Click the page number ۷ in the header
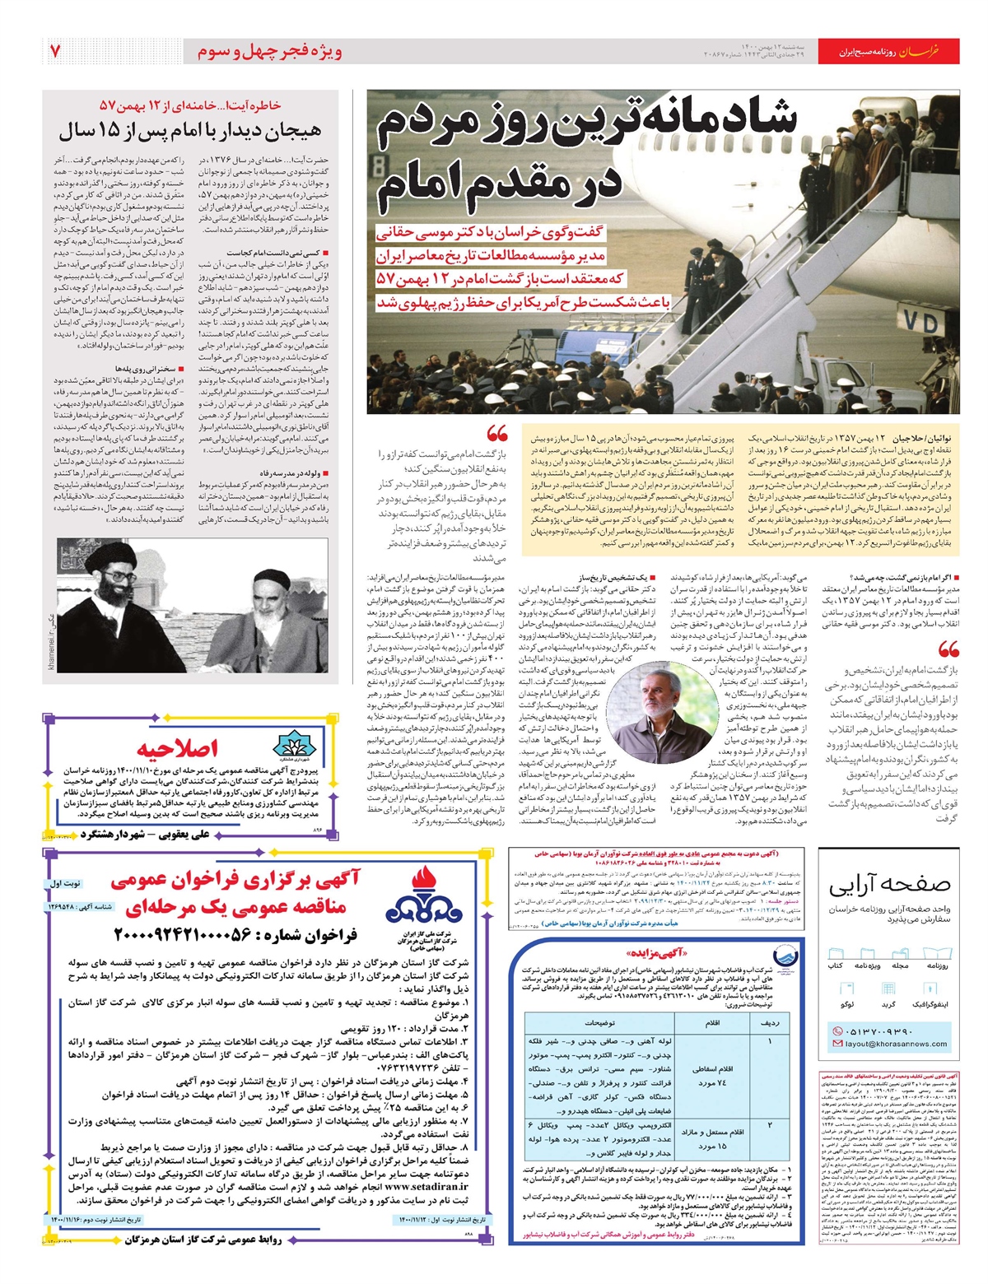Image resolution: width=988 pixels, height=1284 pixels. (55, 51)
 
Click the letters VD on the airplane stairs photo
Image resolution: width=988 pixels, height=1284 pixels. (920, 323)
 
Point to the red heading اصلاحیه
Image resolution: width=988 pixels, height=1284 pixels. (178, 747)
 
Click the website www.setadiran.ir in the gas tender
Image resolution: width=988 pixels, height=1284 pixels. (426, 1187)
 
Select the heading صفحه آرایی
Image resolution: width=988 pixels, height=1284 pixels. (889, 885)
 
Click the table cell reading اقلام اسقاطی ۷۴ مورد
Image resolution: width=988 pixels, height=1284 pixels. (714, 1074)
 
